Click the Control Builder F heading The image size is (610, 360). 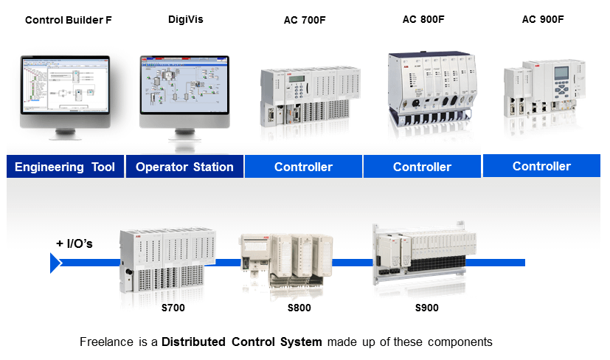click(69, 20)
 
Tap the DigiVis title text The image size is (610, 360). click(185, 19)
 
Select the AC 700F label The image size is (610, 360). click(305, 20)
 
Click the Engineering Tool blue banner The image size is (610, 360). click(65, 167)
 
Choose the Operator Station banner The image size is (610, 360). click(184, 167)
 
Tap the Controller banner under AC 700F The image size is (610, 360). click(303, 167)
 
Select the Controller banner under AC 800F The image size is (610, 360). click(422, 167)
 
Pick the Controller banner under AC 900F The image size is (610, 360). click(541, 166)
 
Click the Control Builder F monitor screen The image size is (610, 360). click(65, 87)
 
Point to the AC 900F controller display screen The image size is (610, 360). click(562, 77)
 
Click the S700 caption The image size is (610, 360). click(173, 307)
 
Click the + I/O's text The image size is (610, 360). click(74, 243)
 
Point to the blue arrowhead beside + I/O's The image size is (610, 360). click(55, 263)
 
